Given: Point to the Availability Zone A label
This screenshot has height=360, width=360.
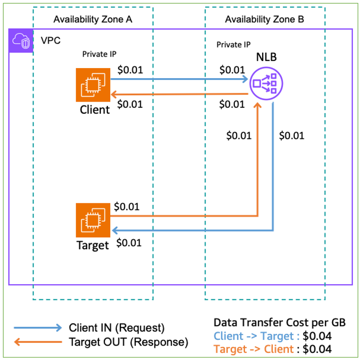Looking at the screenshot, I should point(93,20).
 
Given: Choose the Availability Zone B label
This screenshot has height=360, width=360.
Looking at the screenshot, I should point(264,20).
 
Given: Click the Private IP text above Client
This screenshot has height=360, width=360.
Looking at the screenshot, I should point(100,54).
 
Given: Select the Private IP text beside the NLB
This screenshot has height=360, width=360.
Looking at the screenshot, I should point(233,45).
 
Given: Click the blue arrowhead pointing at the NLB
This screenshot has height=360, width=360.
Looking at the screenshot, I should point(244,78).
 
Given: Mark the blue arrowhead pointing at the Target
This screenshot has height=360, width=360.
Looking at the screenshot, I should point(115,231).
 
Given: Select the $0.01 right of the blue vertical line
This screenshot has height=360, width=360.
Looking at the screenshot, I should point(291,136).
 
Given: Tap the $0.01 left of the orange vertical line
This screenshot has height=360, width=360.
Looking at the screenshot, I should point(239,136).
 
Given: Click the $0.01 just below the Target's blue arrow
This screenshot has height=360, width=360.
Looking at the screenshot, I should point(129,243).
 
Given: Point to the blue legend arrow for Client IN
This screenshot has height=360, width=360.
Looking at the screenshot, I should point(38,328).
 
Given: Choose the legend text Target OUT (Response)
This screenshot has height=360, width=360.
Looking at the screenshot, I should point(128,342).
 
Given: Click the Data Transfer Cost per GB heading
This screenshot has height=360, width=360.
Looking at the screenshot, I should point(279,322).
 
